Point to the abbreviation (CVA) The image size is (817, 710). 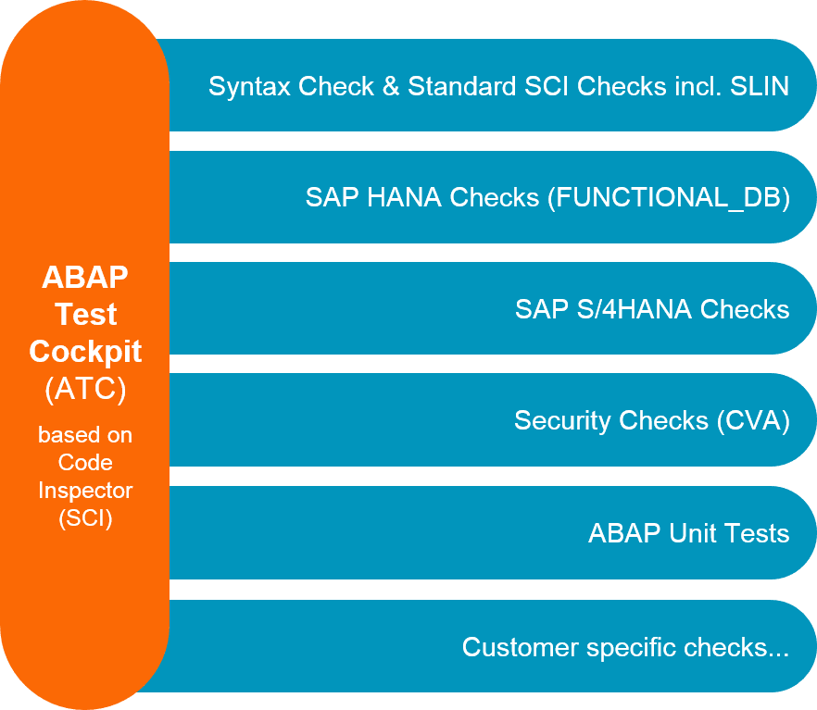pyautogui.click(x=753, y=421)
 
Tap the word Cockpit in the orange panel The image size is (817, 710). pyautogui.click(x=85, y=352)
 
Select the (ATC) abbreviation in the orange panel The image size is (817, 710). pyautogui.click(x=85, y=390)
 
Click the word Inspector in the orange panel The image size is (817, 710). pyautogui.click(x=85, y=490)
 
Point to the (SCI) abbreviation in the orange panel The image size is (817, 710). pyautogui.click(x=85, y=518)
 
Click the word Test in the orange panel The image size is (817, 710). pyautogui.click(x=85, y=315)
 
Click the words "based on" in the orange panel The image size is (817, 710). pyautogui.click(x=85, y=434)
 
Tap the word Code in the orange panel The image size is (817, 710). pyautogui.click(x=85, y=462)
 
